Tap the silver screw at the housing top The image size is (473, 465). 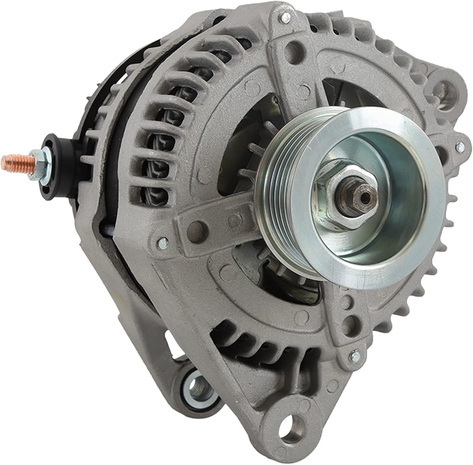(285, 16)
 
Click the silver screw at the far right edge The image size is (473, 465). (460, 146)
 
